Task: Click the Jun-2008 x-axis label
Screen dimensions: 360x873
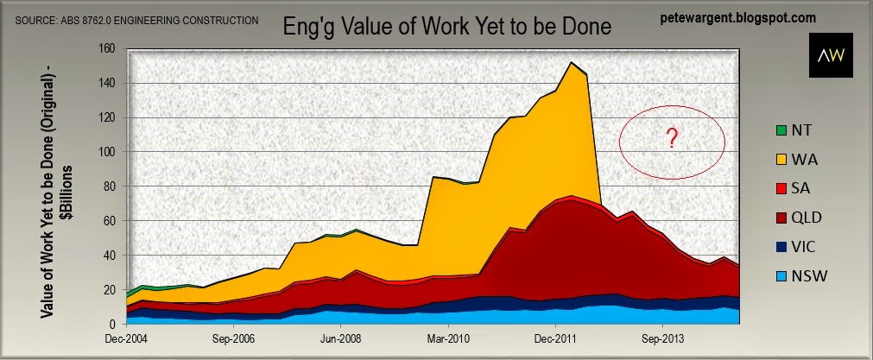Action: (x=341, y=339)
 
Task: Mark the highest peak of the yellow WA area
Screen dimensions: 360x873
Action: (x=572, y=63)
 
